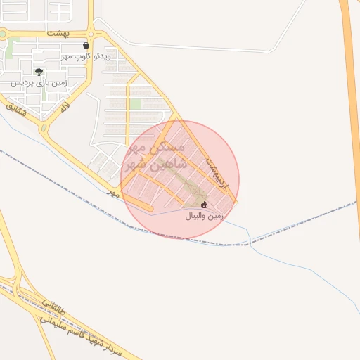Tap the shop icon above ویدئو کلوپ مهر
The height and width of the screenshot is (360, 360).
tap(86, 45)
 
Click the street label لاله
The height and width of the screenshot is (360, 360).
tap(65, 108)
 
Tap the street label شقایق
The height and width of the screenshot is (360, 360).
tap(15, 111)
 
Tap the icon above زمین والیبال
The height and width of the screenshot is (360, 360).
tap(205, 205)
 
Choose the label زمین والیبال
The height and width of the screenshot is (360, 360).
tap(204, 217)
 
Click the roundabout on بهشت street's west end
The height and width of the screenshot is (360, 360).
tap(2, 32)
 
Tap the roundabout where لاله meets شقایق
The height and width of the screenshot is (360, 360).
tap(44, 129)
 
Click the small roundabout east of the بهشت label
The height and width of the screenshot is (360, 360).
tap(91, 32)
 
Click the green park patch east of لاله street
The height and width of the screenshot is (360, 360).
tap(135, 104)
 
